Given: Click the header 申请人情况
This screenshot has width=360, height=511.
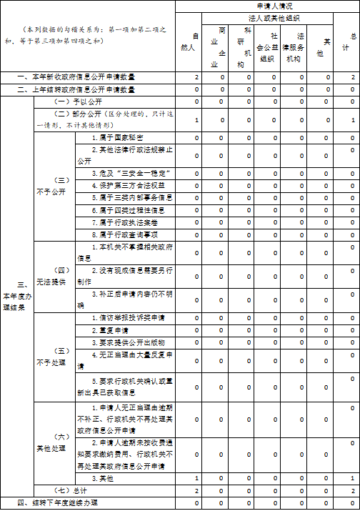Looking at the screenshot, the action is coord(268,6).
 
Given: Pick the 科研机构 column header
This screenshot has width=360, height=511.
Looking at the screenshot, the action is coord(249,47).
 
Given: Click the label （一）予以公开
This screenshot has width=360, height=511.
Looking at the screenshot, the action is coord(72,101).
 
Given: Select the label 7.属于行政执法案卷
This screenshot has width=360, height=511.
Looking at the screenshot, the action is coord(123,222).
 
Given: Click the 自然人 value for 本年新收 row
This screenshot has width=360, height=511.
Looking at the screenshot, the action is coord(196,76).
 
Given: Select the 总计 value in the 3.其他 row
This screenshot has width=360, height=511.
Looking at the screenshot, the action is coord(352,477).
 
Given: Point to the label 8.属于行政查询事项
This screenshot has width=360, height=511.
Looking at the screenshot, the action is coord(123,234).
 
